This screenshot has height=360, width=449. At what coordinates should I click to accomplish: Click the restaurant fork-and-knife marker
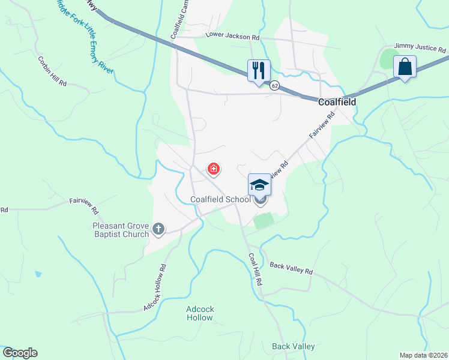[x=259, y=70]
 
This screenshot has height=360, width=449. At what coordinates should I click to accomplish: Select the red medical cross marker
[x=213, y=169]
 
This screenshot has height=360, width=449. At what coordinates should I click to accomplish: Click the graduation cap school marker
[x=259, y=184]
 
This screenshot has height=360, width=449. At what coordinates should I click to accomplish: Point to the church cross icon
[x=158, y=228]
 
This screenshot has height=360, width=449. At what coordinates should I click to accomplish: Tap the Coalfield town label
[x=337, y=102]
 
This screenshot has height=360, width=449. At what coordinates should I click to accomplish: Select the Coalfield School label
[x=220, y=199]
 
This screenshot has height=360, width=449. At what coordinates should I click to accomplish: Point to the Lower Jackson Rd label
[x=232, y=36]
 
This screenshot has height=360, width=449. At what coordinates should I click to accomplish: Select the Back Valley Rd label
[x=291, y=268]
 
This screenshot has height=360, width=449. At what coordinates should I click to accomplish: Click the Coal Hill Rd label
[x=256, y=268]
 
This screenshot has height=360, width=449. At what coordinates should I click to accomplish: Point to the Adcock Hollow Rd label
[x=154, y=287]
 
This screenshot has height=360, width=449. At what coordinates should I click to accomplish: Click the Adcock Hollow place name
[x=200, y=313]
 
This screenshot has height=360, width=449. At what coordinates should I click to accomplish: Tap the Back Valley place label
[x=294, y=346]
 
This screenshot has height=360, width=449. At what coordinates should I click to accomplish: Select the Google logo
[x=20, y=353]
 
